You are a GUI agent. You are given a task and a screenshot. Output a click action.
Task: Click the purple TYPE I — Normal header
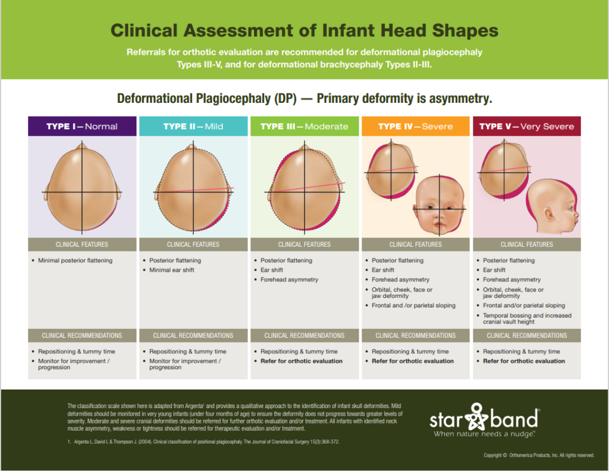(82, 126)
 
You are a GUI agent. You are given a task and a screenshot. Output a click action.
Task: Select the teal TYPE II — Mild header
(193, 126)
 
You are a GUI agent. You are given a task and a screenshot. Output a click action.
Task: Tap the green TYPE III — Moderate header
(304, 126)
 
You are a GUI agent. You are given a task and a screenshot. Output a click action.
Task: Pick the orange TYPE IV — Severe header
(415, 126)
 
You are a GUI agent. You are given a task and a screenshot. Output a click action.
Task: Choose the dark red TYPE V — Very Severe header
(526, 126)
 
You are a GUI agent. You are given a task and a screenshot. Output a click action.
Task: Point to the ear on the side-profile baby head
(548, 212)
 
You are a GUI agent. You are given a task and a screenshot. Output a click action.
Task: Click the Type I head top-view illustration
(82, 187)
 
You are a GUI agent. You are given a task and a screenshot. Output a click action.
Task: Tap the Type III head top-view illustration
(304, 187)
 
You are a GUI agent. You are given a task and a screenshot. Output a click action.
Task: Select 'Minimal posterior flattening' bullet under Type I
(75, 260)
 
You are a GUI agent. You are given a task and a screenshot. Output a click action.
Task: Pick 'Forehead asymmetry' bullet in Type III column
(289, 280)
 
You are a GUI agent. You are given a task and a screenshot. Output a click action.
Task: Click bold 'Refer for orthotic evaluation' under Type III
(302, 361)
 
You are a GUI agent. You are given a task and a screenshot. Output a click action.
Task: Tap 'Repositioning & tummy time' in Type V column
(521, 351)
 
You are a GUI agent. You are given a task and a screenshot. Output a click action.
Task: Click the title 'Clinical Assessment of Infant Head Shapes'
(304, 31)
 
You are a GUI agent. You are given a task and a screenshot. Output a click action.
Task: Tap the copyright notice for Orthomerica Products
(539, 456)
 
